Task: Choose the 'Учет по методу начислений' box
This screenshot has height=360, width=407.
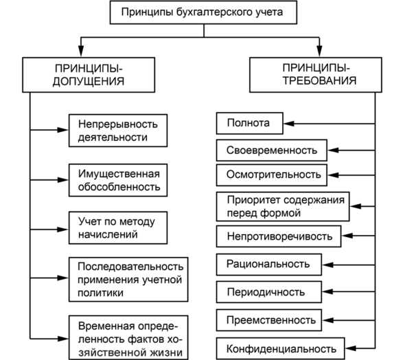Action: [117, 227]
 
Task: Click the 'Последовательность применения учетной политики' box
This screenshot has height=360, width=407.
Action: [128, 279]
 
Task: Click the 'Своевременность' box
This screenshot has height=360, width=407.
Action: [271, 149]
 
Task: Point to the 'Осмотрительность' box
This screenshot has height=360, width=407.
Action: [273, 175]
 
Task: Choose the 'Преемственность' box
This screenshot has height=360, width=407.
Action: [270, 319]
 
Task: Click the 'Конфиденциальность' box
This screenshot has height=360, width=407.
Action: [281, 347]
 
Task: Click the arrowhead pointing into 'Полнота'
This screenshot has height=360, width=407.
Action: [288, 124]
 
